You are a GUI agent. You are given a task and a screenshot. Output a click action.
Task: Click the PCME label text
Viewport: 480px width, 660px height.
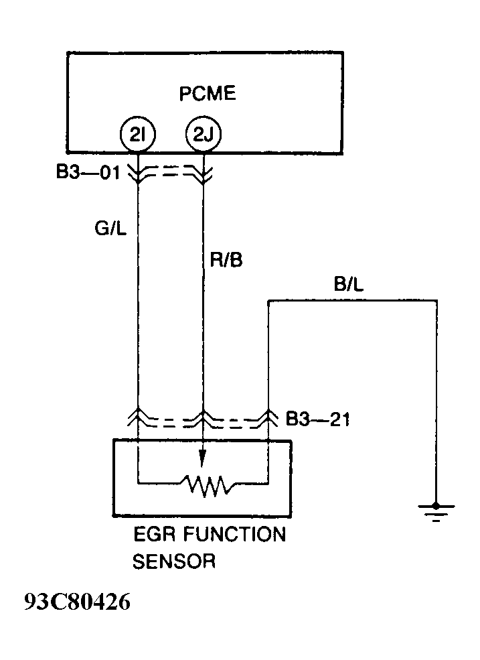click(x=208, y=93)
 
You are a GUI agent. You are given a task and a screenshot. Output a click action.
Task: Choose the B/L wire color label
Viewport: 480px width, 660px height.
click(x=349, y=285)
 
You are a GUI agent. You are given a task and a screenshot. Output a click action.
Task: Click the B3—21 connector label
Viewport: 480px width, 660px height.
click(x=317, y=419)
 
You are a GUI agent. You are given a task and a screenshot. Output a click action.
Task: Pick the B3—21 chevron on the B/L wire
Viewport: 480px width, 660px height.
click(x=268, y=419)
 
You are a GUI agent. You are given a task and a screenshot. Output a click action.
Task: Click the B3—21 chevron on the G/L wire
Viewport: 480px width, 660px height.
click(x=137, y=419)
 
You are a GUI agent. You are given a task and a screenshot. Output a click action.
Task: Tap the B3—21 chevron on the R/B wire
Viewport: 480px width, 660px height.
click(x=203, y=419)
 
